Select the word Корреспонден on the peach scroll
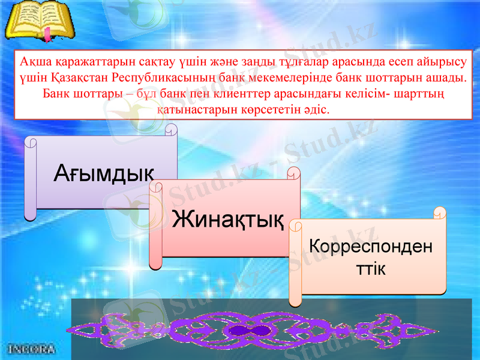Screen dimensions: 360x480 370,247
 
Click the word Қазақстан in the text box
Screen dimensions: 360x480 83,79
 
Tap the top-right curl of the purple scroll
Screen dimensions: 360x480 172,129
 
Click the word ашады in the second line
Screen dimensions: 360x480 449,79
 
